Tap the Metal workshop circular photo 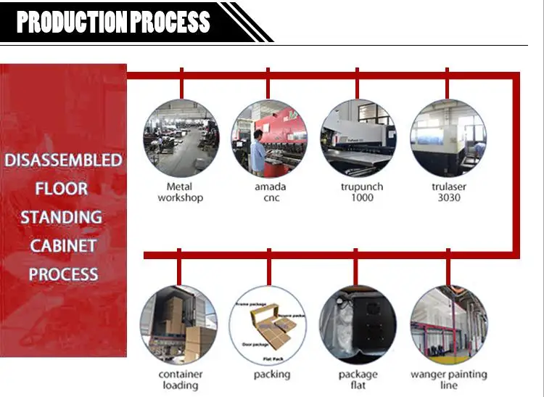181,137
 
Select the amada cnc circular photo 268,137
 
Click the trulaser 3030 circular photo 447,137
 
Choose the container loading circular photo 179,324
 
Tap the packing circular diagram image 268,324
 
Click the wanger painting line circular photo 448,324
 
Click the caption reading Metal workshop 181,192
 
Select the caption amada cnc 269,192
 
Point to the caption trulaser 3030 448,192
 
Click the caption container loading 180,380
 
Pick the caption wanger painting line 449,380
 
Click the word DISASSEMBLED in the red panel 63,160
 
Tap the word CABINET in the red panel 63,245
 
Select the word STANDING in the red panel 61,217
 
